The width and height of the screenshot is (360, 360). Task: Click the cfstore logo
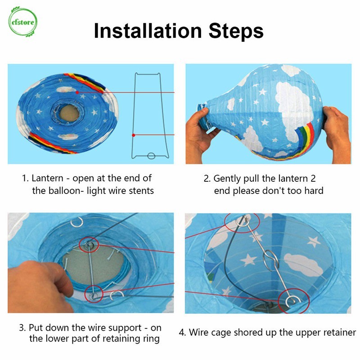pyautogui.click(x=22, y=22)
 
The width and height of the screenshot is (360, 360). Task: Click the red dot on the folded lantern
pyautogui.click(x=77, y=92)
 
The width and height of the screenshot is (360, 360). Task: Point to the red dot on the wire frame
pyautogui.click(x=133, y=135)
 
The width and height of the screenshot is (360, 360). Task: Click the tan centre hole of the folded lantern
pyautogui.click(x=69, y=113)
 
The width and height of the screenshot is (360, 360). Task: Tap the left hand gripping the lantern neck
pyautogui.click(x=199, y=136)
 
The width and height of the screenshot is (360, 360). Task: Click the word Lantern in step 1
pyautogui.click(x=47, y=178)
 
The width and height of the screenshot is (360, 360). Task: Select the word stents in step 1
pyautogui.click(x=141, y=191)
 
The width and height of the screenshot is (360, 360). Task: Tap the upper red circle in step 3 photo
pyautogui.click(x=89, y=245)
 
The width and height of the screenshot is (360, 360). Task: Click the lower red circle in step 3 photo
pyautogui.click(x=94, y=294)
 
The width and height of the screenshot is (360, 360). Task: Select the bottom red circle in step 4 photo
pyautogui.click(x=293, y=301)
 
